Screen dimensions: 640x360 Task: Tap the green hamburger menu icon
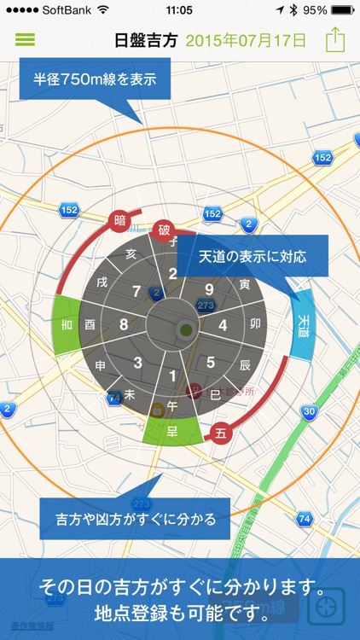(x=25, y=39)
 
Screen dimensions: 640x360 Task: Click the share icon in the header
(x=335, y=40)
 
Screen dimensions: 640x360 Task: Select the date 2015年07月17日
(x=246, y=40)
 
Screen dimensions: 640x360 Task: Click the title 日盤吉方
(x=147, y=40)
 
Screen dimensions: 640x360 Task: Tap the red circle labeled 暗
(x=119, y=221)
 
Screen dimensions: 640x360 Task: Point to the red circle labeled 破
(x=163, y=230)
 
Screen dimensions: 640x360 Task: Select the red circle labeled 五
(x=221, y=433)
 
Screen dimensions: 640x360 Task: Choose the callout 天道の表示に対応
(x=253, y=256)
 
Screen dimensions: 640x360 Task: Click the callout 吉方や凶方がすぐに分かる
(x=135, y=519)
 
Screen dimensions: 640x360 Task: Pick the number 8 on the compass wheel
(x=125, y=324)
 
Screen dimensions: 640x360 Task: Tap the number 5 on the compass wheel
(x=211, y=362)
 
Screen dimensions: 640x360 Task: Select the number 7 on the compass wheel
(x=136, y=292)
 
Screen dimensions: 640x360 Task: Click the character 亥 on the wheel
(x=131, y=253)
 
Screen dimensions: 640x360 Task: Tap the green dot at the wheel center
(x=186, y=329)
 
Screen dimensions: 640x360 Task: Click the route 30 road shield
(x=310, y=412)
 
